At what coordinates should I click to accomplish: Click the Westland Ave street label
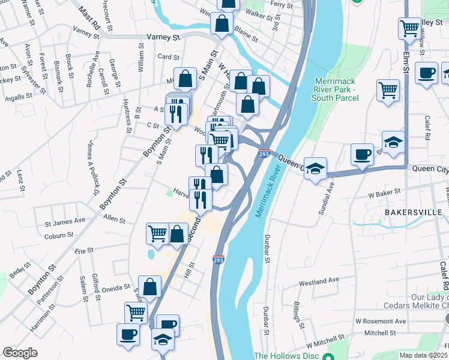(319, 281)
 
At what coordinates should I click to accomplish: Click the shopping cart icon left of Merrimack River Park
(388, 90)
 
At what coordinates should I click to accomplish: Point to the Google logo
(20, 353)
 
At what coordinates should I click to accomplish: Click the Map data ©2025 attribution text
(423, 355)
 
